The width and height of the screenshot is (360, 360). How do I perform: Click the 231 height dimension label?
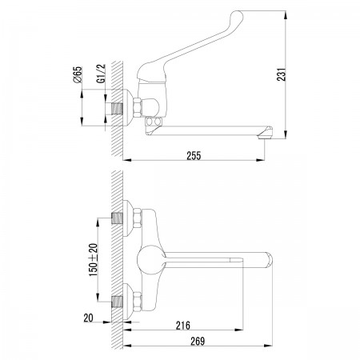point(281,74)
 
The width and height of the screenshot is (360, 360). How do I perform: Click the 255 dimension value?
point(194,156)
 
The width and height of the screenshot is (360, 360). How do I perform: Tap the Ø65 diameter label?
point(78,74)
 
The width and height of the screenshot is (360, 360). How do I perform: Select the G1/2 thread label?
point(102,74)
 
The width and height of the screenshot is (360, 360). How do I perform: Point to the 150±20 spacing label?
point(94,260)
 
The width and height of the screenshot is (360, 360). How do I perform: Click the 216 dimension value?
point(183,326)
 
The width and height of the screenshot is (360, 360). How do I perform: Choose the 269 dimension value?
point(198,341)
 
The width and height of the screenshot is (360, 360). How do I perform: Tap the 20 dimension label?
point(89,318)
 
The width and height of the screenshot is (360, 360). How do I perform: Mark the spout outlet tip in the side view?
point(266,136)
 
